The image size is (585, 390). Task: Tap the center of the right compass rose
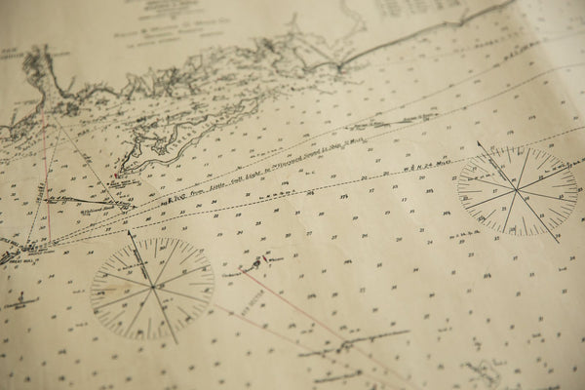[518, 190]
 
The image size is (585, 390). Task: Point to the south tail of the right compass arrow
[558, 239]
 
